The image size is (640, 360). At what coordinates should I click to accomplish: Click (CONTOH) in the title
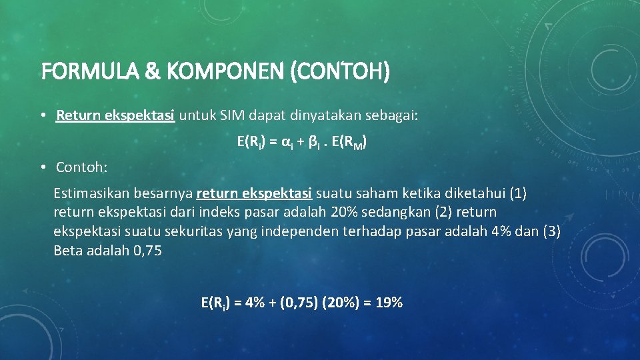click(340, 71)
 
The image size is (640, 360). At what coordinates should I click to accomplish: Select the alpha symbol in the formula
click(285, 142)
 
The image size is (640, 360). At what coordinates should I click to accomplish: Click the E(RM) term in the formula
click(351, 143)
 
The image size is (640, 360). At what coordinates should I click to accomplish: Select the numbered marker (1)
click(518, 194)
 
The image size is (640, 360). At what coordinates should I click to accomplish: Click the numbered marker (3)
click(551, 232)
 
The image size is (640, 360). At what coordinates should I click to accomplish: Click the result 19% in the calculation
click(389, 303)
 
